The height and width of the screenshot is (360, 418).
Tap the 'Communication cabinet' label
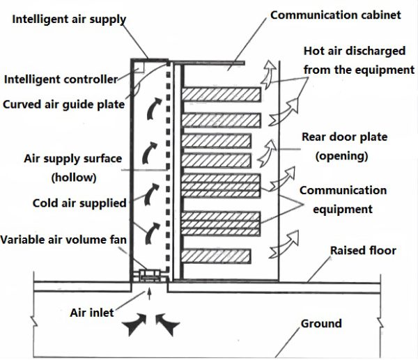click(x=335, y=15)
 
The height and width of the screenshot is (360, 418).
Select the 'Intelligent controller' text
click(x=61, y=79)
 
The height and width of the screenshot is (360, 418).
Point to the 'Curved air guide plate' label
click(x=63, y=104)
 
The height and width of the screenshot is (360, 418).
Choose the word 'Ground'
click(x=321, y=323)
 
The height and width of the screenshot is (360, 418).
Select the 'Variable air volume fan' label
click(x=63, y=240)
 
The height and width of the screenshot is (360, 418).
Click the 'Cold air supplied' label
click(x=79, y=203)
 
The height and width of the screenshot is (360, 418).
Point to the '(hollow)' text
click(x=73, y=178)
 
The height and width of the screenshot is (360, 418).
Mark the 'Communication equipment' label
click(x=343, y=199)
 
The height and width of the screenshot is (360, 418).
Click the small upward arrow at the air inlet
click(x=149, y=296)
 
